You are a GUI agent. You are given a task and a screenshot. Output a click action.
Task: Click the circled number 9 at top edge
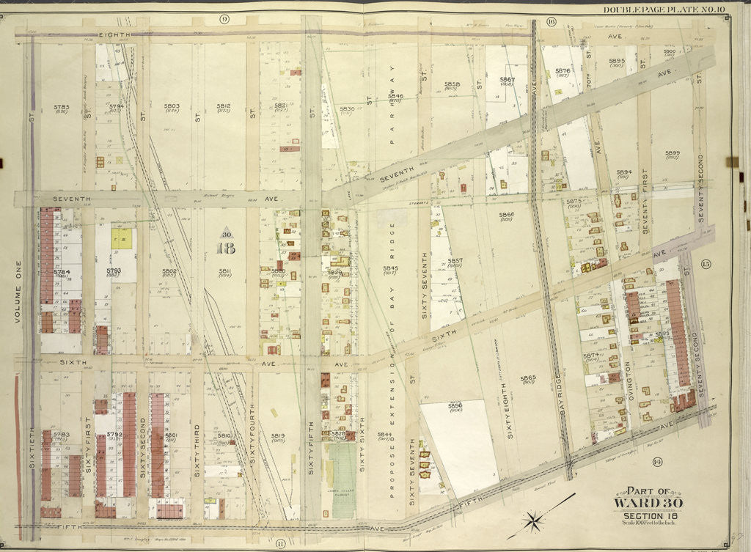point(224,18)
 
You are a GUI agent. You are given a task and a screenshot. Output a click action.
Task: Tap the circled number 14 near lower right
point(656,461)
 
